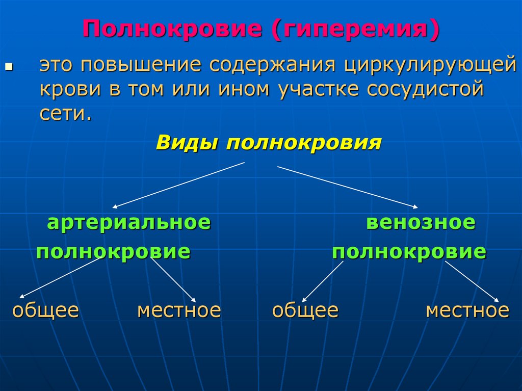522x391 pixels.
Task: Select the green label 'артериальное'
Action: tap(128, 223)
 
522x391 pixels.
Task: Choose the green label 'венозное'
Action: tap(421, 223)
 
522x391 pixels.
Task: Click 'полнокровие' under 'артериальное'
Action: tap(113, 252)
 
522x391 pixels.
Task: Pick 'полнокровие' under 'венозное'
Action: tap(409, 252)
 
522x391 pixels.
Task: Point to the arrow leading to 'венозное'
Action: tap(347, 187)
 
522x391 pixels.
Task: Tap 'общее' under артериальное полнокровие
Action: tap(45, 310)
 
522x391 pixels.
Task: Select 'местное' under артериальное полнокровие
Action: tap(179, 310)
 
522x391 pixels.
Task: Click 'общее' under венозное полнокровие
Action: tap(305, 310)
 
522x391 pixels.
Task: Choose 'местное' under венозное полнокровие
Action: tap(467, 310)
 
